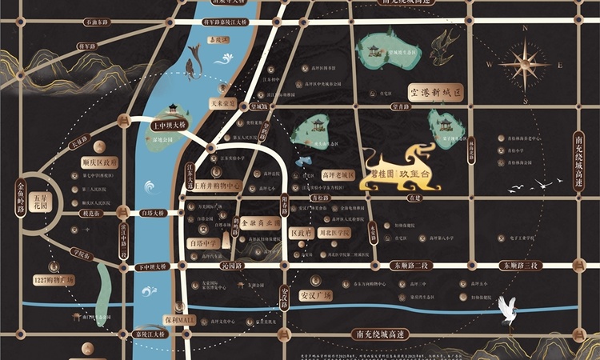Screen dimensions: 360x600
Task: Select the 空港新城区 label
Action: tap(436, 94)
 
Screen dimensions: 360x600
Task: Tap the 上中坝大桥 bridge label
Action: tap(168, 126)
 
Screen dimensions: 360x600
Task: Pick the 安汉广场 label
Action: tap(315, 294)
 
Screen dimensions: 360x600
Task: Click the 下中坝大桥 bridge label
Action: tap(152, 266)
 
